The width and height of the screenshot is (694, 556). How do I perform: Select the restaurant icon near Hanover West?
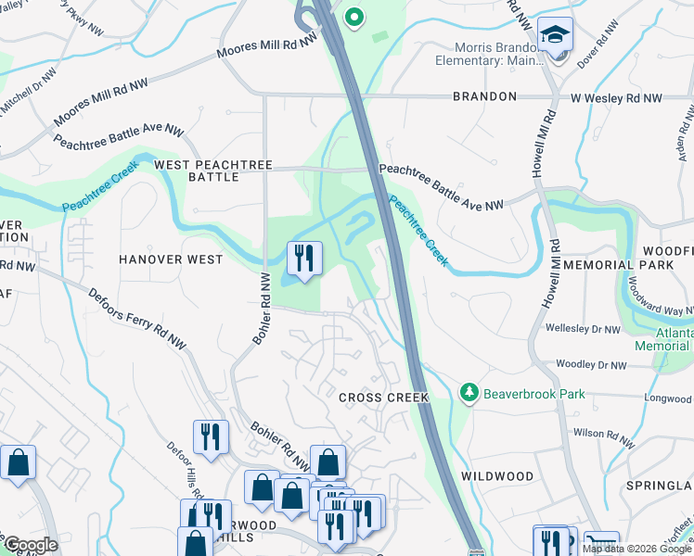pyautogui.click(x=303, y=259)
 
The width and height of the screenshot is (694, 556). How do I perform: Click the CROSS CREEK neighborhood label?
pyautogui.click(x=383, y=398)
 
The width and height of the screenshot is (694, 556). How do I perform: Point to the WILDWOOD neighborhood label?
pyautogui.click(x=497, y=476)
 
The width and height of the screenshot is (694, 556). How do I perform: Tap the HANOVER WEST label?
pyautogui.click(x=171, y=259)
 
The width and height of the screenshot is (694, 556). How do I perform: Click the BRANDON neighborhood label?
pyautogui.click(x=484, y=96)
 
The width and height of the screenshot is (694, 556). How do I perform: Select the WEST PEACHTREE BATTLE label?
pyautogui.click(x=213, y=171)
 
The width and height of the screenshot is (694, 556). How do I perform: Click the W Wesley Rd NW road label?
pyautogui.click(x=616, y=97)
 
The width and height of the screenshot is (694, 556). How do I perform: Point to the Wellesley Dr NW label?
pyautogui.click(x=583, y=329)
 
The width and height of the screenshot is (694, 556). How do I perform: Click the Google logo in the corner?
pyautogui.click(x=30, y=545)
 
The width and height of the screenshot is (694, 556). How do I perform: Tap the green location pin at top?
pyautogui.click(x=353, y=17)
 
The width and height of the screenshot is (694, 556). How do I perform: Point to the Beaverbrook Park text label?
pyautogui.click(x=536, y=394)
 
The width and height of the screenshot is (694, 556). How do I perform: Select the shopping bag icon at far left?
pyautogui.click(x=17, y=463)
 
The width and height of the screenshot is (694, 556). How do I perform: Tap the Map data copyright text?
pyautogui.click(x=636, y=549)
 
